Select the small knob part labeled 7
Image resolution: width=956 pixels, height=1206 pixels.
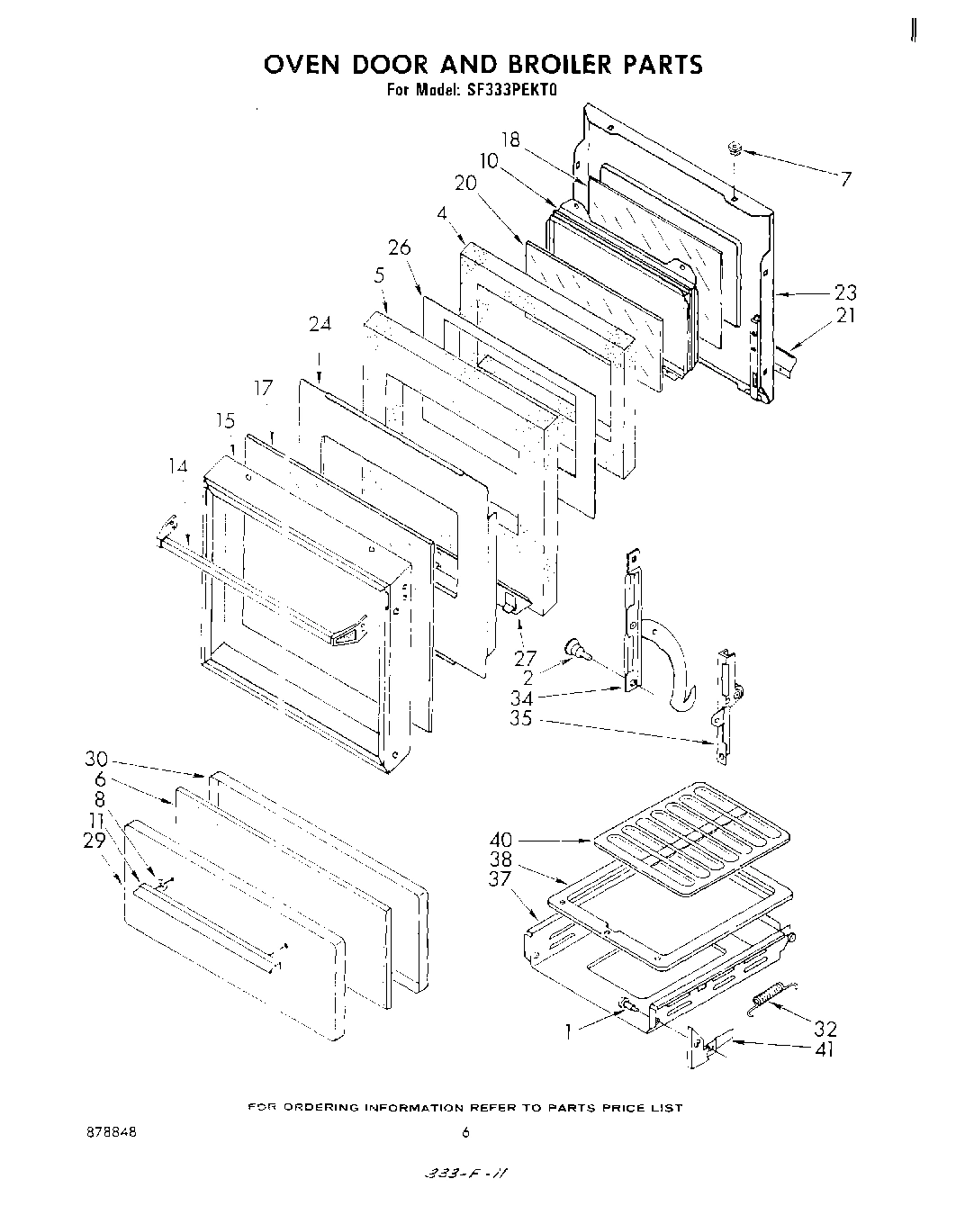point(734,149)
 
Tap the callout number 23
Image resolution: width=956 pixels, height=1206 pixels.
point(845,292)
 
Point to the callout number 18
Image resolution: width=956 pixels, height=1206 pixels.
point(510,139)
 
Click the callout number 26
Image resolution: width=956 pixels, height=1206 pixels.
point(399,247)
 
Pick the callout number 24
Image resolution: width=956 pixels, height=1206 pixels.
point(320,325)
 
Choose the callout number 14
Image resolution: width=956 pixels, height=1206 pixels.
point(178,466)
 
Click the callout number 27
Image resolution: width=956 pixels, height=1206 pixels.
point(525,659)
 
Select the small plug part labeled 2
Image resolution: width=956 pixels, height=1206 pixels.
point(573,647)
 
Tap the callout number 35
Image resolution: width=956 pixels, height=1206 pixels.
point(522,719)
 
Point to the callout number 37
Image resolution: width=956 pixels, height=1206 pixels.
point(501,879)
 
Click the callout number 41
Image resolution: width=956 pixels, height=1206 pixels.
point(823,1049)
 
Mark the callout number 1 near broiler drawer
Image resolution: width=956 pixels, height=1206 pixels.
point(568,1032)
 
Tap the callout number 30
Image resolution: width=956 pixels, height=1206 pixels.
point(97,760)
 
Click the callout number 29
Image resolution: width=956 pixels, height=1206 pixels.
point(95,840)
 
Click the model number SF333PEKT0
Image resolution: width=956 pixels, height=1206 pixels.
point(501,90)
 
